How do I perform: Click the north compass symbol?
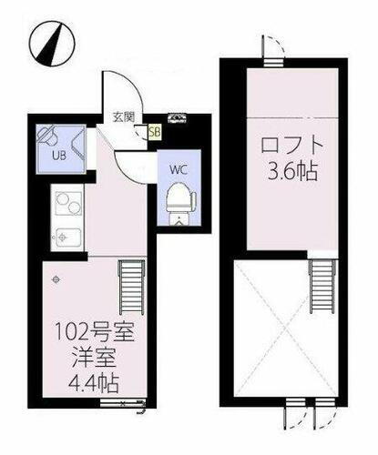(52, 43)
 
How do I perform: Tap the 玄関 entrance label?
(124, 117)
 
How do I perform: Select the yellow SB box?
(155, 132)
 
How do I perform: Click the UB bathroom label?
(59, 156)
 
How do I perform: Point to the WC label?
(179, 169)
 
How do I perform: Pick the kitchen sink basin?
(67, 238)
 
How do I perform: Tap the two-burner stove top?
(68, 204)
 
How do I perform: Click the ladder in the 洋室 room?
(132, 287)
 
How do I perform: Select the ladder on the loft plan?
(323, 286)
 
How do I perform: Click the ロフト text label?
(291, 146)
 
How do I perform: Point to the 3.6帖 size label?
(292, 171)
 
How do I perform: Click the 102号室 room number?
(95, 332)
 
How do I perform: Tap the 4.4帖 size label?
(93, 384)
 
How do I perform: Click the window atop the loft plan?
(273, 62)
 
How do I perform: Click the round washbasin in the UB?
(48, 135)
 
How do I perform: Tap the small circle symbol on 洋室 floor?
(56, 279)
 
